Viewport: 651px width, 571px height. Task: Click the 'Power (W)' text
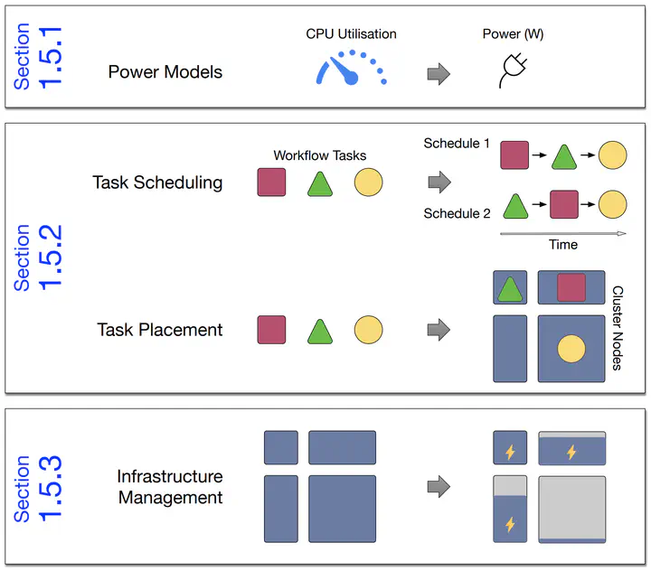pos(514,34)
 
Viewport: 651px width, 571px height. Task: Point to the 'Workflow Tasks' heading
pos(319,156)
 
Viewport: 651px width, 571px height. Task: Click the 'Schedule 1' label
pos(457,144)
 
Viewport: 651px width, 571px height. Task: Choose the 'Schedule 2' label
pos(457,214)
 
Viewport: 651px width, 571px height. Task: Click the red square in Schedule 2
pos(564,204)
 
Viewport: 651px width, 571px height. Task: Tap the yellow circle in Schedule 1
pos(613,155)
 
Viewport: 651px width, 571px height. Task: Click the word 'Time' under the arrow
pos(563,245)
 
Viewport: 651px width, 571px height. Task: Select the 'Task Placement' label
pos(160,330)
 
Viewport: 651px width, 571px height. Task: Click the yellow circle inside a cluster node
pos(571,348)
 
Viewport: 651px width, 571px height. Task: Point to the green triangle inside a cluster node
pos(510,289)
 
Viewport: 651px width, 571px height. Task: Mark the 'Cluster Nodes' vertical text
pos(618,328)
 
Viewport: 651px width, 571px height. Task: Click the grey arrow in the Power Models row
pos(439,73)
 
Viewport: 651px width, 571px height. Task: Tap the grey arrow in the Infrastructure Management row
pos(439,487)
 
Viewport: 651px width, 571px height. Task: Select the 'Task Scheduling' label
pos(157,183)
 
